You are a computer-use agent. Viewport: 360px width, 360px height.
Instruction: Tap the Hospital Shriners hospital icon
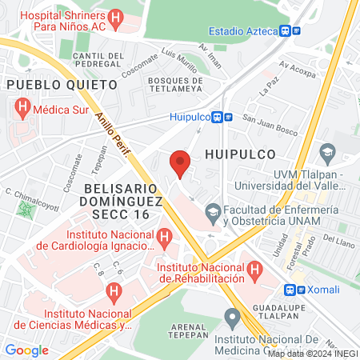tap(117, 16)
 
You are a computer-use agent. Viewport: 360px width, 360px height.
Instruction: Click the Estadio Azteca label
tap(242, 30)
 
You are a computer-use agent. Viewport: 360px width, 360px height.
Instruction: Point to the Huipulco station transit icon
tap(222, 116)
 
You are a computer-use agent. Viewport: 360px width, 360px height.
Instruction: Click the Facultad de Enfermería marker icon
tap(213, 212)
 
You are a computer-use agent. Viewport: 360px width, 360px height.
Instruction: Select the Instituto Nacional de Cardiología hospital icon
tap(165, 236)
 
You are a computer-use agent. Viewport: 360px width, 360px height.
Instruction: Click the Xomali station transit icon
tap(294, 289)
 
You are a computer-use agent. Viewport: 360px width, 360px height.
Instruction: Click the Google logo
tap(27, 350)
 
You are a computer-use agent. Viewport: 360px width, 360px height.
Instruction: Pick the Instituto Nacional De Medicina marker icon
tap(233, 318)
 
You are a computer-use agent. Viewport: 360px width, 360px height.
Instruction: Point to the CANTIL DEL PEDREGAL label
tap(98, 60)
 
